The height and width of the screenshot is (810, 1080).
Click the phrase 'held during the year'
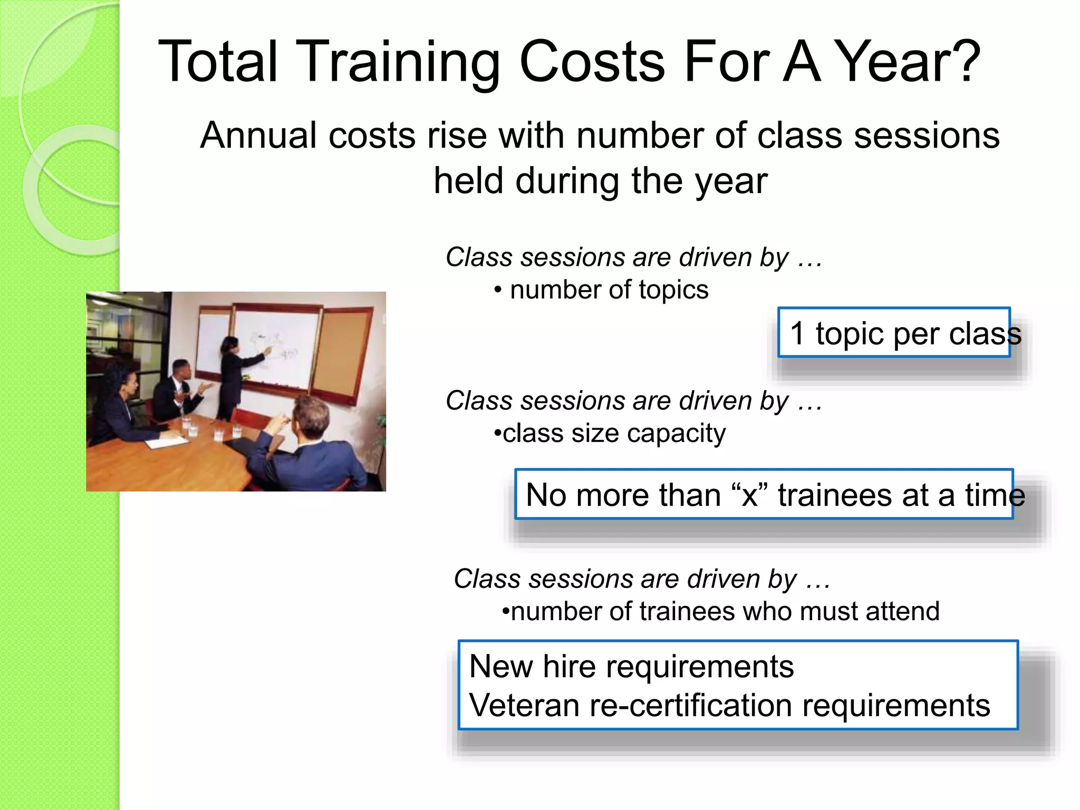point(600,181)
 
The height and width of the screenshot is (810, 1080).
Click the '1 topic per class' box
point(894,333)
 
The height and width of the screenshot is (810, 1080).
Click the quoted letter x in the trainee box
point(749,496)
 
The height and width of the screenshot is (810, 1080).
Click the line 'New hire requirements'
point(631,667)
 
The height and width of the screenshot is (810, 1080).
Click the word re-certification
point(691,706)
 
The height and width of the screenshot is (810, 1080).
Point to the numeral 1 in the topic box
point(797,333)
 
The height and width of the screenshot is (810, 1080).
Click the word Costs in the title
point(592,62)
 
